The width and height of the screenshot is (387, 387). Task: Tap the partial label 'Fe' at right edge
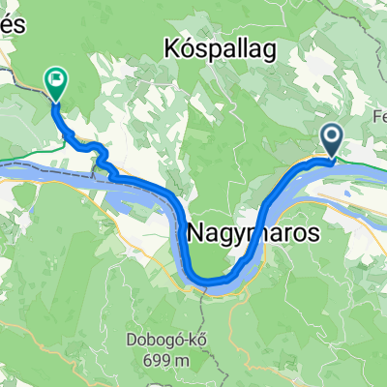378,112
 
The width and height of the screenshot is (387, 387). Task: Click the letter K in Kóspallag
173,47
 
